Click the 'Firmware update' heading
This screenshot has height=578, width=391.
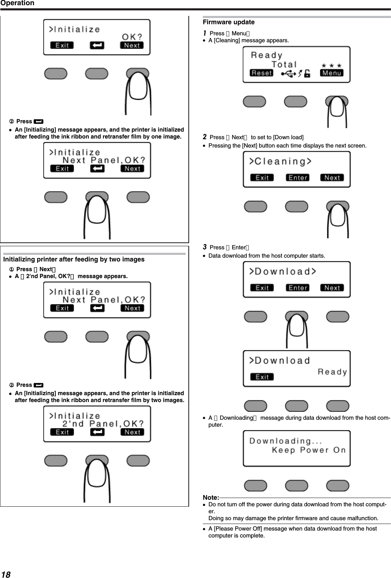coord(229,22)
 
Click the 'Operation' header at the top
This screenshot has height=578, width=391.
coord(17,3)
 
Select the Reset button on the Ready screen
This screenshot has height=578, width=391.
coord(261,73)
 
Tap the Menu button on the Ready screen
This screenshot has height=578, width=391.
coord(332,73)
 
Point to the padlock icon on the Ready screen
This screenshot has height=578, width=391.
coord(307,73)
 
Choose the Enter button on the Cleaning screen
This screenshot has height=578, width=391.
coord(297,178)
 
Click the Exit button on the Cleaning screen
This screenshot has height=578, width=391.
coord(262,178)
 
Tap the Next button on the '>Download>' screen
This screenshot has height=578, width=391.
coord(332,288)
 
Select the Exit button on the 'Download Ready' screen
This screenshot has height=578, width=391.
coord(262,377)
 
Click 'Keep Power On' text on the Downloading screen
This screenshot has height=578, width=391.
coord(309,450)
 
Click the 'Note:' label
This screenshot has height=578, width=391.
coord(211,498)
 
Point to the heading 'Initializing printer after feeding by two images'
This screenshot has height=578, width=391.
coord(74,259)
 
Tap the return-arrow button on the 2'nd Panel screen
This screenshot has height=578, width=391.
coord(97,432)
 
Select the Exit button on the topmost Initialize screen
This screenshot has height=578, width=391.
coord(62,45)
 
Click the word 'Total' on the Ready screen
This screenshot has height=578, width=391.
coord(284,64)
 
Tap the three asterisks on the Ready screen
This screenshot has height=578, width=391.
coord(331,65)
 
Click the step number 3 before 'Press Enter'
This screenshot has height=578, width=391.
coord(205,247)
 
